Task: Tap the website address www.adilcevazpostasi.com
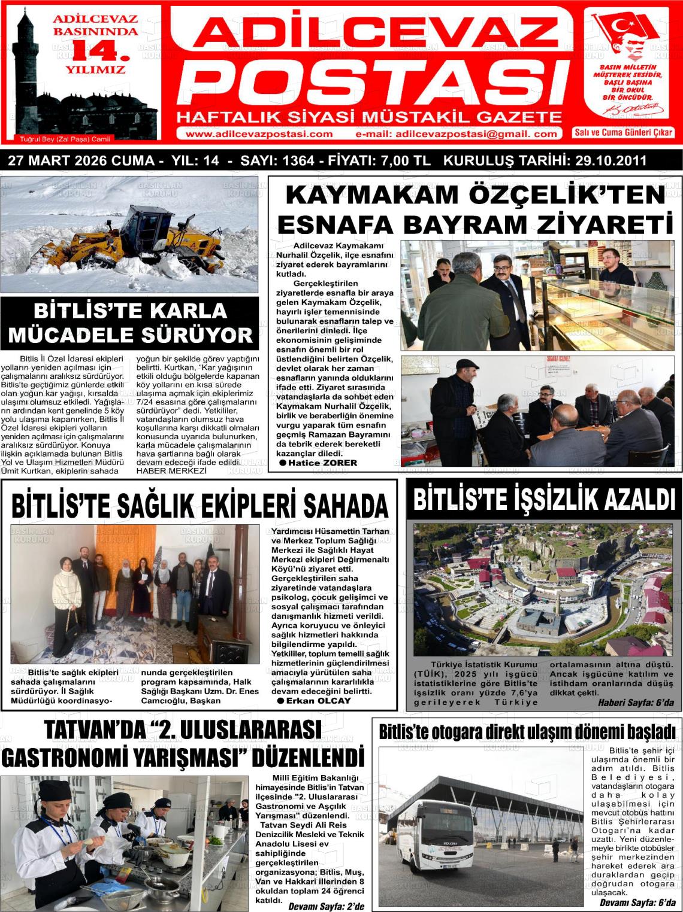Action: pyautogui.click(x=259, y=134)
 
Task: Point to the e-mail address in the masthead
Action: pyautogui.click(x=457, y=134)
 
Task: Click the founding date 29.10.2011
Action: pyautogui.click(x=611, y=161)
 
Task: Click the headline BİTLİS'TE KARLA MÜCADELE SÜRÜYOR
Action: pyautogui.click(x=130, y=323)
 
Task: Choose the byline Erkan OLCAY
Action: pyautogui.click(x=318, y=701)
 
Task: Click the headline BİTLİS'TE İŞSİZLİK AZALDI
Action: pyautogui.click(x=543, y=499)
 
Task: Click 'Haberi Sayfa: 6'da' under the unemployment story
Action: pyautogui.click(x=639, y=703)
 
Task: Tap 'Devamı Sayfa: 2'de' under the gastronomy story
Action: pyautogui.click(x=326, y=906)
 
